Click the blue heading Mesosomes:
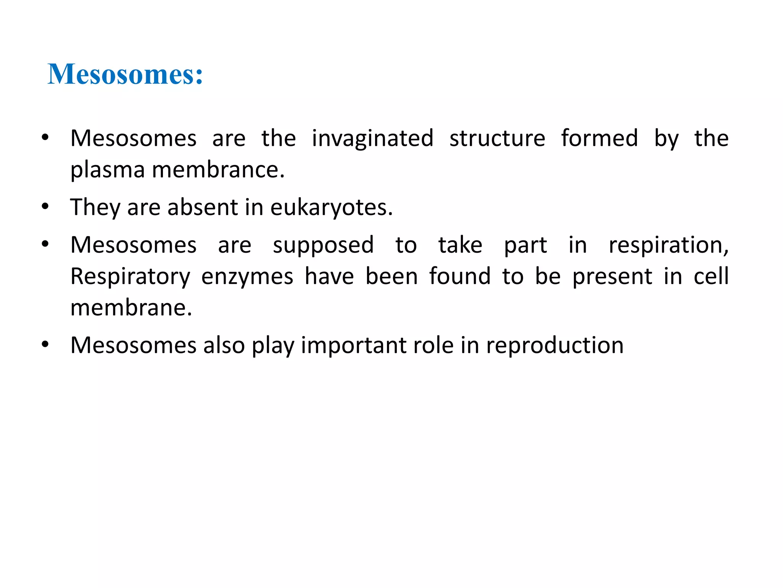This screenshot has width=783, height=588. click(x=125, y=74)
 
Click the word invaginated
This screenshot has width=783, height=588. click(x=372, y=139)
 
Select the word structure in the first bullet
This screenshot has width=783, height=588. click(x=497, y=139)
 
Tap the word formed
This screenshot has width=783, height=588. click(x=599, y=139)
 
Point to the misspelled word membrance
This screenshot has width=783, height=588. click(x=218, y=170)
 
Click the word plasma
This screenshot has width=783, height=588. click(x=107, y=170)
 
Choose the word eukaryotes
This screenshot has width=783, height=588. click(x=331, y=208)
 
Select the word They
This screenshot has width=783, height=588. click(x=95, y=208)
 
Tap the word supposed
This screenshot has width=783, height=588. click(x=323, y=246)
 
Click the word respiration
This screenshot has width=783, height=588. click(x=668, y=245)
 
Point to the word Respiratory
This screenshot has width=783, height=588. click(x=130, y=277)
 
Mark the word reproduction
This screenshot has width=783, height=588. click(x=555, y=346)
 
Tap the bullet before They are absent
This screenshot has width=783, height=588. click(x=45, y=207)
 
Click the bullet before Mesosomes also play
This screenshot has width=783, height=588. click(x=45, y=345)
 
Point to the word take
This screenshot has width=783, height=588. click(x=460, y=245)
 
